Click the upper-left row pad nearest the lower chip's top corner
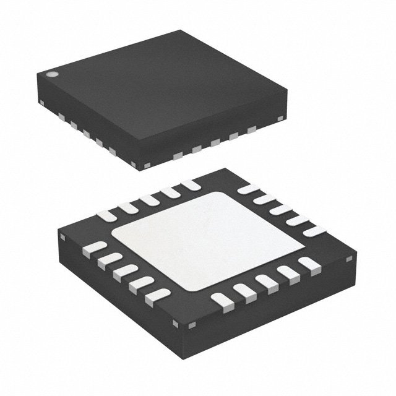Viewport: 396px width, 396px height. (x=188, y=184)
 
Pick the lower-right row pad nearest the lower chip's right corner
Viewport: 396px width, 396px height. (x=304, y=265)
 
